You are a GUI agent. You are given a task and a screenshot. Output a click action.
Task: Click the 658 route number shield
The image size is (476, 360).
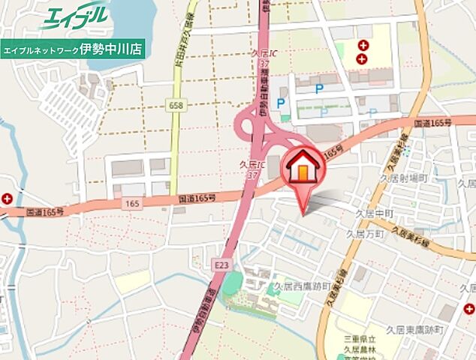pos(176,106)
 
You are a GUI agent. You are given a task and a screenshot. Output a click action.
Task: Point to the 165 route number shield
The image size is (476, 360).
pos(133,203)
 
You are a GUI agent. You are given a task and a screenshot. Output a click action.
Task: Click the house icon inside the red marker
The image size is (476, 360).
pos(303,168)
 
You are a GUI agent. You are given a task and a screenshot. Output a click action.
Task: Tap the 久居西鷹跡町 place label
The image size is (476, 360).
pos(302,286)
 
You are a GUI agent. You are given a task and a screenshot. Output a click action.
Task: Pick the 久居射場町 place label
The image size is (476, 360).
pos(403,178)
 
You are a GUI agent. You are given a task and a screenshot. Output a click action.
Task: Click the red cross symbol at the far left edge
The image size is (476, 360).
pos(7,199)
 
